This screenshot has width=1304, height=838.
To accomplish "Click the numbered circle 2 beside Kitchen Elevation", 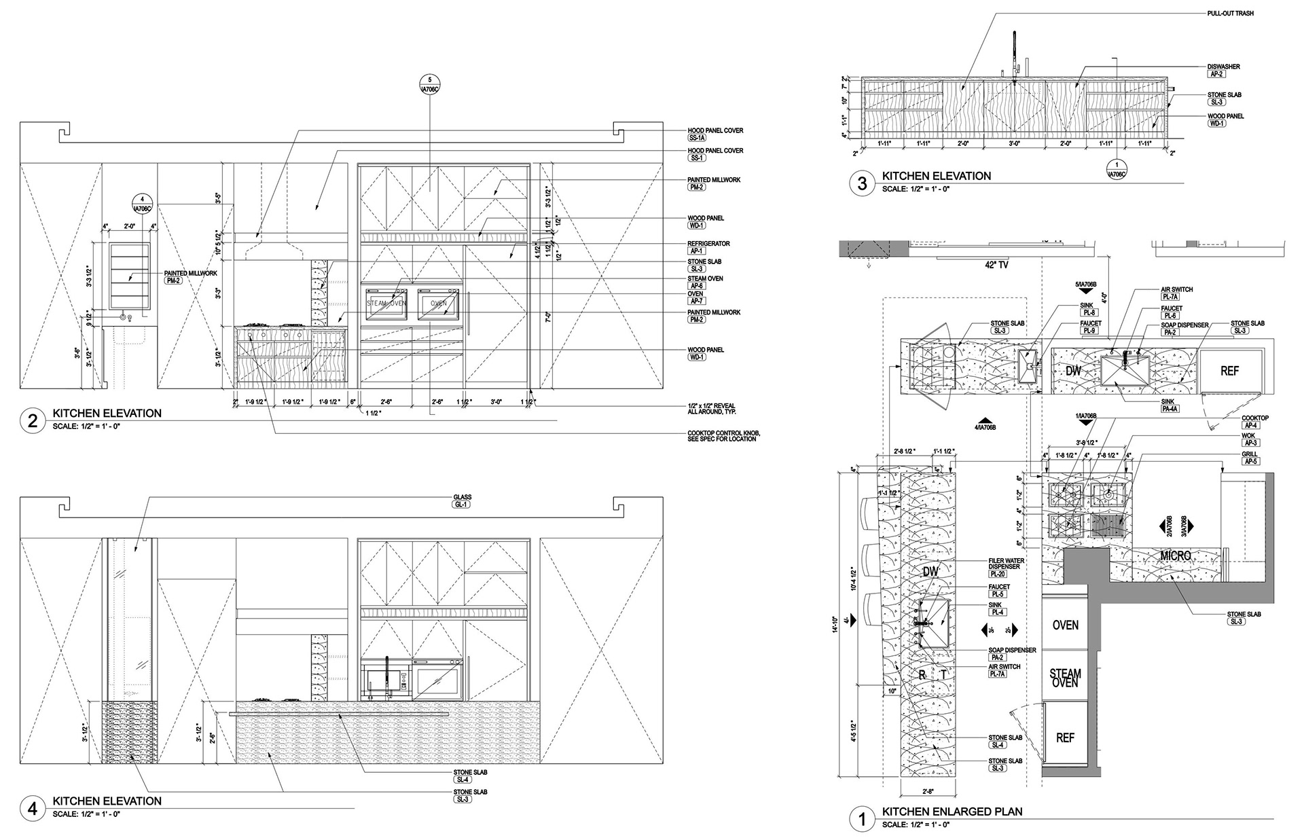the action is pos(32,421).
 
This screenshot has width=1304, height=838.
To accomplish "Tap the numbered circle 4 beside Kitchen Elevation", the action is pos(32,809).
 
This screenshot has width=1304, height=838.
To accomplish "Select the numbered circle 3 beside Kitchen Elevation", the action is pos(863,184).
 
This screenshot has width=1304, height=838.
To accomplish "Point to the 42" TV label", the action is pos(971,266).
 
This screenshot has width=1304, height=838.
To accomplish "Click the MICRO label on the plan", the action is pos(1176,556).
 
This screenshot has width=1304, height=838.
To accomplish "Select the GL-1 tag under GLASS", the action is pos(462,505).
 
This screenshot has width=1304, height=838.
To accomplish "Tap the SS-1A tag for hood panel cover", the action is pos(698,138).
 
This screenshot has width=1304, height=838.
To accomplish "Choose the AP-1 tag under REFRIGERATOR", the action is pos(696,251).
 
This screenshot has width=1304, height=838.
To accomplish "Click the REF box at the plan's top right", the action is pos(1230,371).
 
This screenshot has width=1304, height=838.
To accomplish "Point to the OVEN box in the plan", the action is pos(1065,625).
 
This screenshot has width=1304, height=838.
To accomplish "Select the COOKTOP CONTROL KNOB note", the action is pos(723,436).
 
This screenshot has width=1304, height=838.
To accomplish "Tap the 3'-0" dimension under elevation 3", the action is pos(1015,143).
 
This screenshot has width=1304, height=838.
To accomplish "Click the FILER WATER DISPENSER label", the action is pos(1006,564).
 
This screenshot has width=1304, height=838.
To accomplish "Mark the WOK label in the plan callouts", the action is pos(1248,436).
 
